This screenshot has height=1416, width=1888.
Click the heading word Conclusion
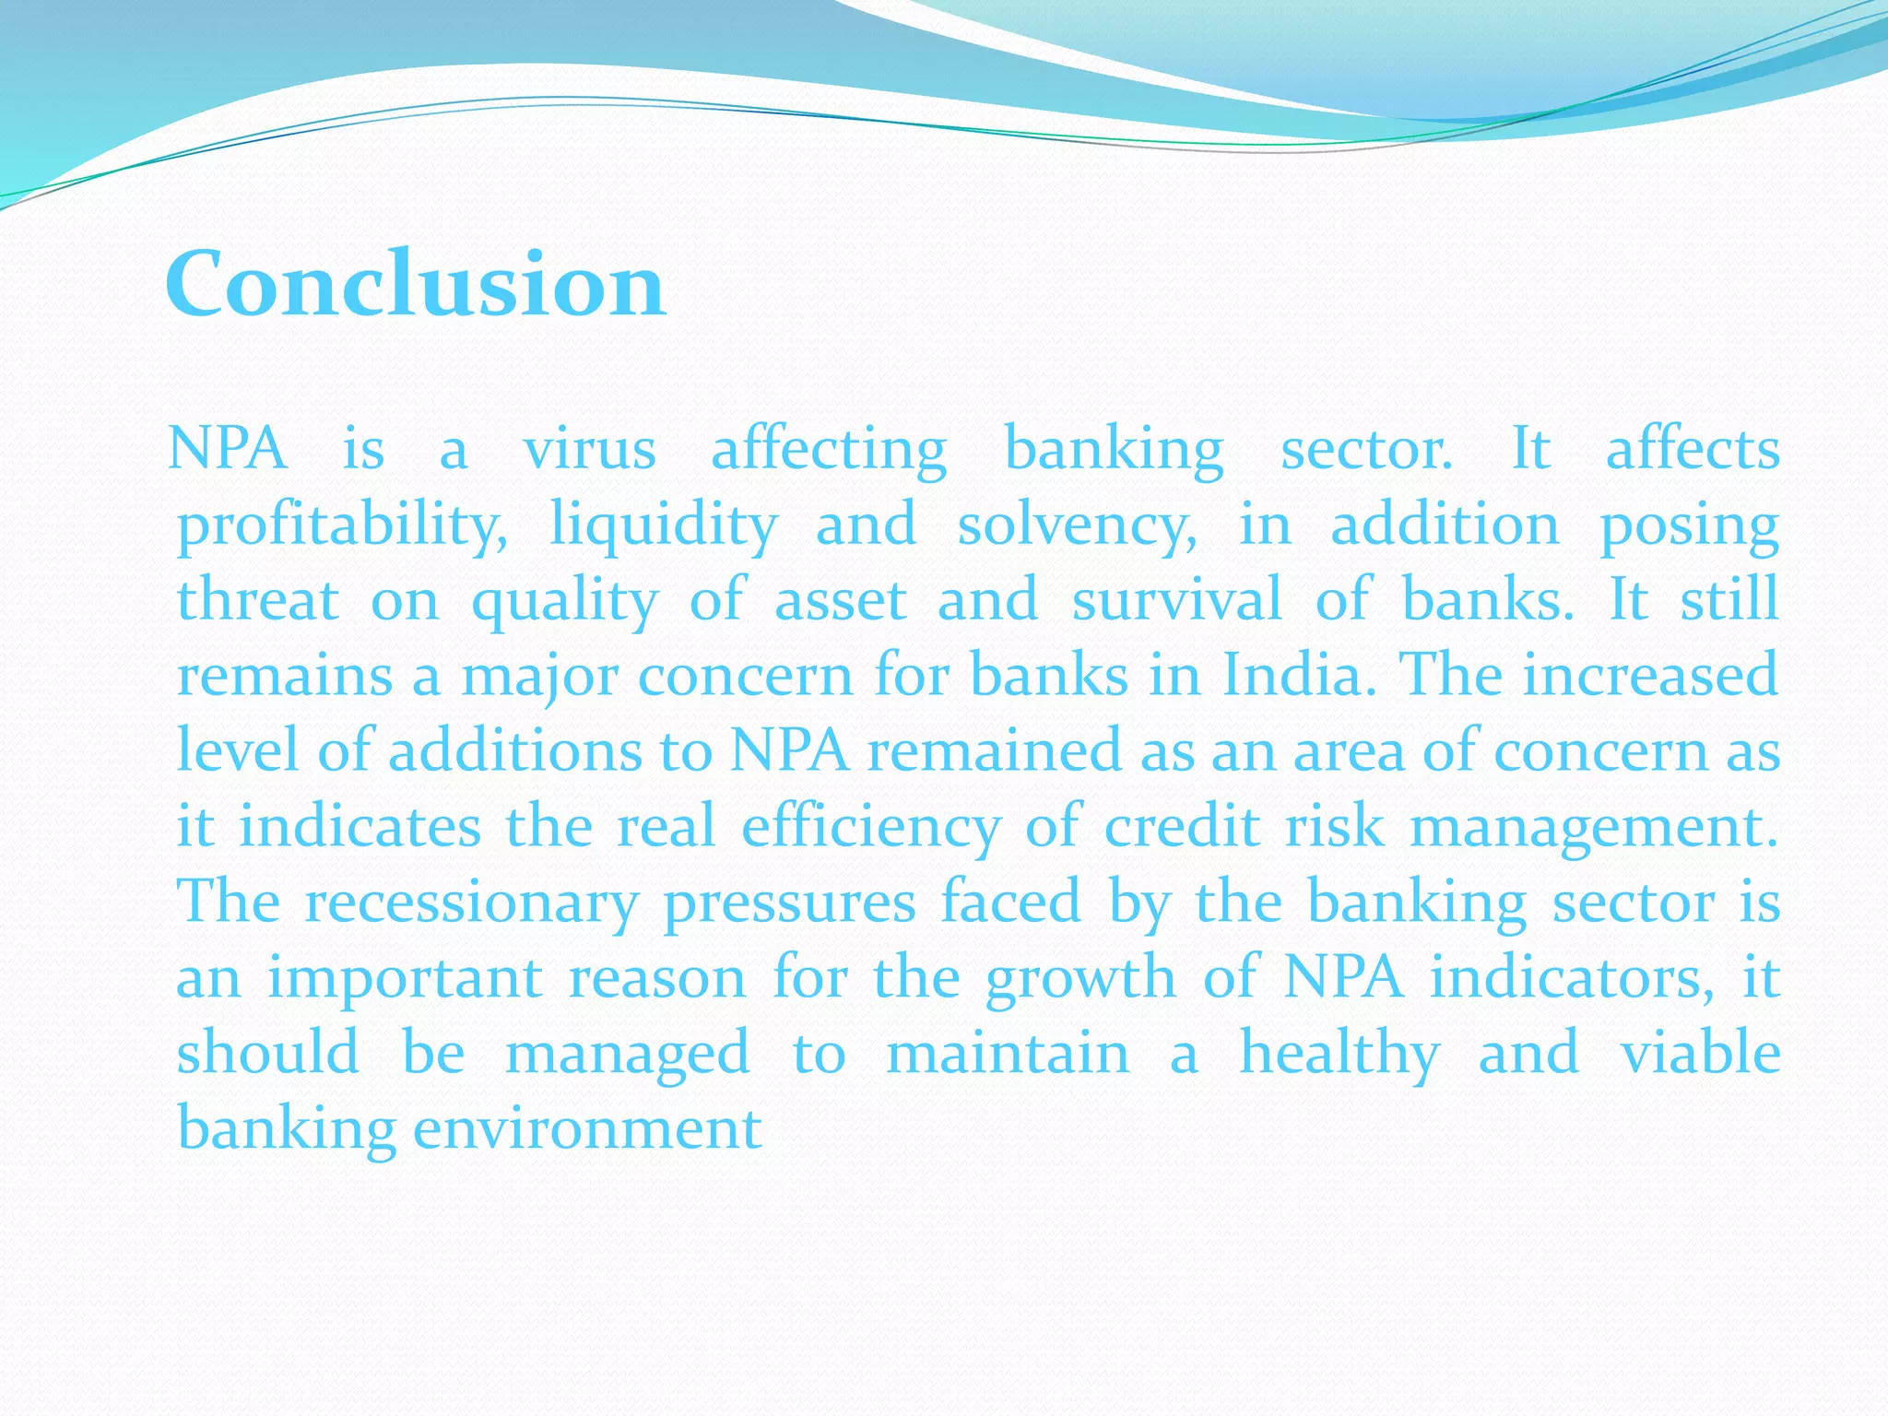[415, 283]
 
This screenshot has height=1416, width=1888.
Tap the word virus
[590, 450]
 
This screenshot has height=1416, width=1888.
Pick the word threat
[258, 600]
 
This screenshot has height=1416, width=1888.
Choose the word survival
[1176, 600]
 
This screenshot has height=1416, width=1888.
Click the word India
[1300, 675]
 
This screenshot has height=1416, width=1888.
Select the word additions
[514, 750]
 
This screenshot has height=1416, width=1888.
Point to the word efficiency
[871, 827]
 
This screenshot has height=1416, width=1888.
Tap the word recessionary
[471, 903]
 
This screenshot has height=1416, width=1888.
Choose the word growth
[1080, 979]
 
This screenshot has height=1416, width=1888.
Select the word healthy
[1339, 1055]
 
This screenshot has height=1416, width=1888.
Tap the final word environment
[587, 1128]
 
